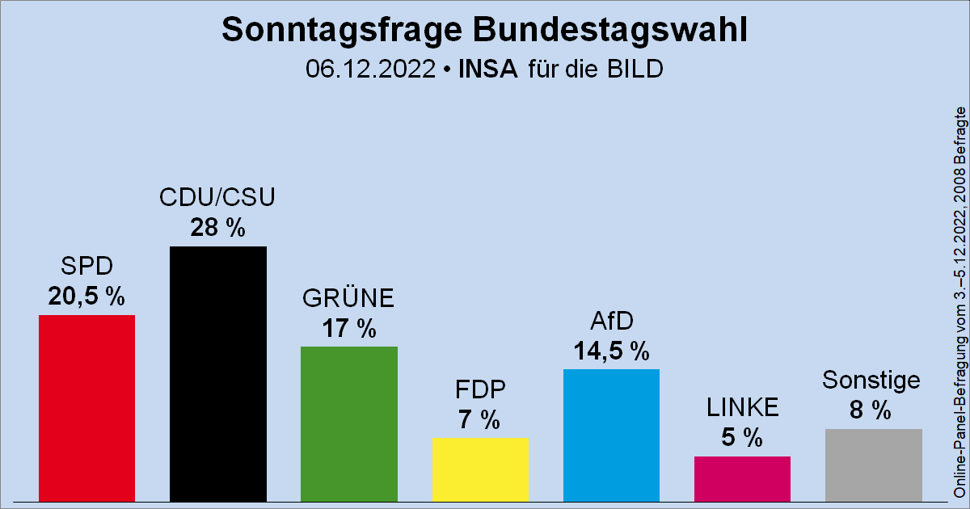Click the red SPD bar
pos(86,408)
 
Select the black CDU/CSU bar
pos(217,373)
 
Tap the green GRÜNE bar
pos(348,423)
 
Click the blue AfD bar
pos(611,435)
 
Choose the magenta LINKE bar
pos(742,478)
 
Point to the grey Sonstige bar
pos(873,465)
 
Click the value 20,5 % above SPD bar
pos(86,297)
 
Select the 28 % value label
pos(217,229)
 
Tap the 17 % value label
pos(348,329)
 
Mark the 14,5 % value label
pos(611,351)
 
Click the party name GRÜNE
pos(348,299)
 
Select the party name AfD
pos(611,322)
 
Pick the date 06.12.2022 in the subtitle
pos(369,69)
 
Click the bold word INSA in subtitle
pos(487,69)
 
